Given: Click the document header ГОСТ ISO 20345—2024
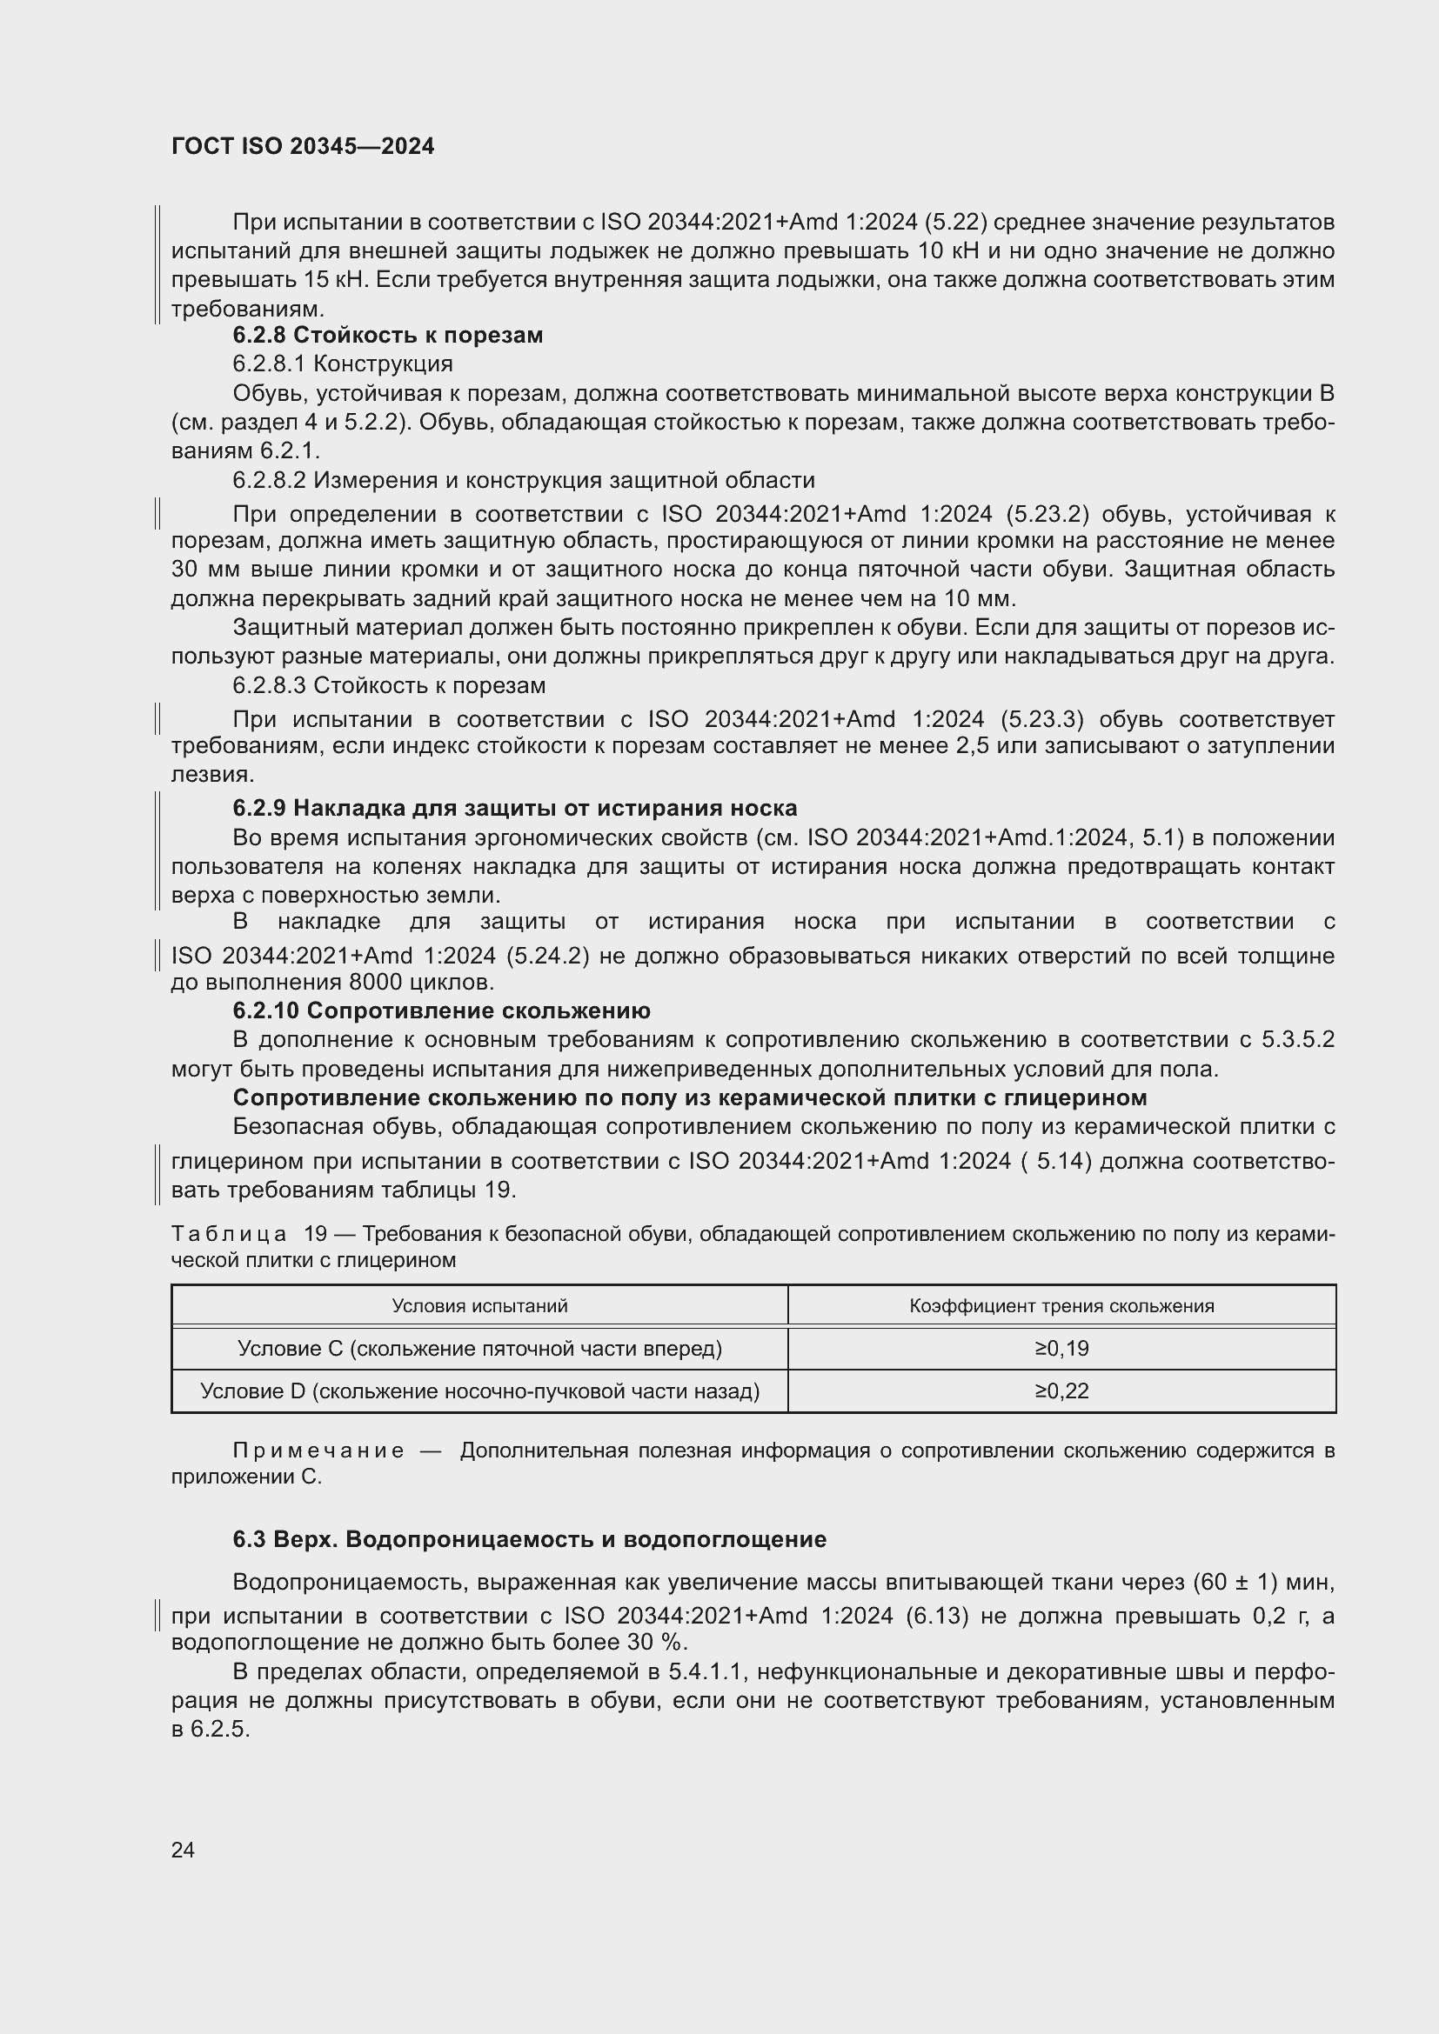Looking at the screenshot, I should (302, 146).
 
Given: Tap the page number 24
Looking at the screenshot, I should (183, 1850).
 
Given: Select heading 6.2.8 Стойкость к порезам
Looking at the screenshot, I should (387, 335).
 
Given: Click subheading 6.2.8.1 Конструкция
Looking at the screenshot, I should (342, 363).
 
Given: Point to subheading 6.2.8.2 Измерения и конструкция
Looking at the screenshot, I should (523, 480).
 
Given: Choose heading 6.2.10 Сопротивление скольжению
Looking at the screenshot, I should (440, 1010).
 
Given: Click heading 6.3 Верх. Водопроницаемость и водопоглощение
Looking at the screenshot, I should (529, 1539).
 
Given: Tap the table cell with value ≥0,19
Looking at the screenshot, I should (1061, 1349).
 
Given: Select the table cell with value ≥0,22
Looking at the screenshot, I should (1061, 1390).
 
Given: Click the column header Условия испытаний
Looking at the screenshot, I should (479, 1306).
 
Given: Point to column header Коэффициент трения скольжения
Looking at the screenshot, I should (1061, 1306).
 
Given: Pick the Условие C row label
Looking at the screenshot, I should (479, 1349).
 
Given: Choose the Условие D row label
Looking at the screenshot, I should (479, 1390).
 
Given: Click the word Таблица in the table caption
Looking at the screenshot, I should (229, 1234).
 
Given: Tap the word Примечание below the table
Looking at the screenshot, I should (318, 1450).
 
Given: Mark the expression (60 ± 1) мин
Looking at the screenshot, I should (1262, 1581).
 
